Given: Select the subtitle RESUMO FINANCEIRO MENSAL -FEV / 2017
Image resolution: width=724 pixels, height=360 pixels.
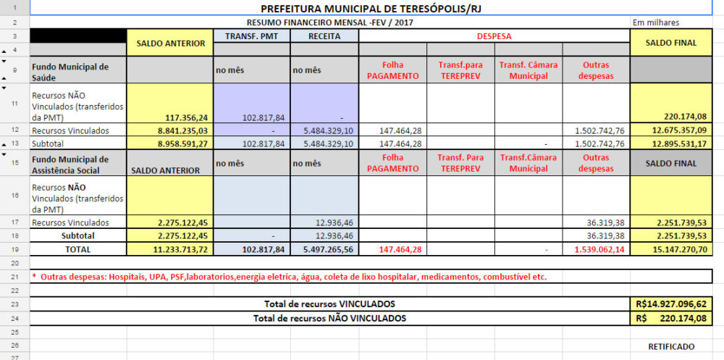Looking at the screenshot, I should coord(330,22).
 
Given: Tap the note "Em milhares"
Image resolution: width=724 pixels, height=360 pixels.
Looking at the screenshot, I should coord(656,22).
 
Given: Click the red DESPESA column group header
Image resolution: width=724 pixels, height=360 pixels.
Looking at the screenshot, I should coord(494,35).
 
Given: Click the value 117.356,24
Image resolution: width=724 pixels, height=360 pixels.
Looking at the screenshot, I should coord(187,116).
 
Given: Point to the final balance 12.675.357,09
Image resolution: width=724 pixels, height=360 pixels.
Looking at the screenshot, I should coord(678,130).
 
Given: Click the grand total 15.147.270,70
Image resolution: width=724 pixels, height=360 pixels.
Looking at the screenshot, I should coord(678,249).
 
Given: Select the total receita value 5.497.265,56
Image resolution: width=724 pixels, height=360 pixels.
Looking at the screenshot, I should coord(324,249).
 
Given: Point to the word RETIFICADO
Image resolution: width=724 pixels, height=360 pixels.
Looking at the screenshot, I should coord(671,346).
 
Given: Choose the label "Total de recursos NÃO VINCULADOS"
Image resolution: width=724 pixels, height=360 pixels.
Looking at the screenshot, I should coord(329,318).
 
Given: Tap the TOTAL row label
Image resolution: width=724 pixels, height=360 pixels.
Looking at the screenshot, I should coord(77,249).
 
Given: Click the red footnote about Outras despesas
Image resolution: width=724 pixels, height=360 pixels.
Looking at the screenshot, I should coord(290,277).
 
